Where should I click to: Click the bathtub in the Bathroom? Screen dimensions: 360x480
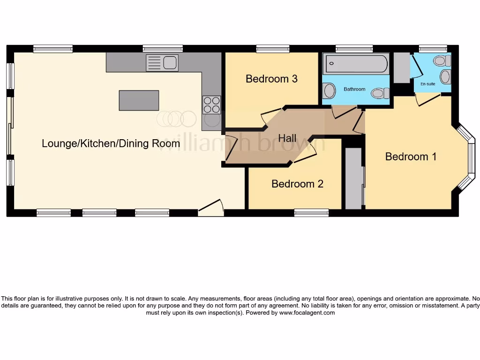click(357, 63)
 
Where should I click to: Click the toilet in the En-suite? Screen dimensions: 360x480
click(441, 60)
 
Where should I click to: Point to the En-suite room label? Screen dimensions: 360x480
click(427, 84)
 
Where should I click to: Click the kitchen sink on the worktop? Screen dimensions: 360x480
click(162, 63)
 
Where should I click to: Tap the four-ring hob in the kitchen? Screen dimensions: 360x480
click(211, 105)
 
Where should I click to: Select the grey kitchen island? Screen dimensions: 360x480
click(139, 100)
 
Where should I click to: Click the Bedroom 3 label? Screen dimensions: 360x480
click(271, 79)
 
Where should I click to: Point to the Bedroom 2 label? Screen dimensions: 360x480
click(297, 184)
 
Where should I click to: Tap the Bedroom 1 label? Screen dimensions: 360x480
click(411, 157)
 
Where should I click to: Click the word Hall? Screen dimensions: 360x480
click(287, 138)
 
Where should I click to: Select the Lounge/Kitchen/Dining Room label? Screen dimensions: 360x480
click(111, 143)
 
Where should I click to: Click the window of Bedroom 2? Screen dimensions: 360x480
click(311, 212)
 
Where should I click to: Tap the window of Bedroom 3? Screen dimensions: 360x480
click(273, 48)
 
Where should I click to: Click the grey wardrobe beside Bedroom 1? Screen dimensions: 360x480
click(353, 178)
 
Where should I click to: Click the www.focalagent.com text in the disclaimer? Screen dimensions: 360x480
click(307, 313)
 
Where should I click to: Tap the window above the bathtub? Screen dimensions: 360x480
click(354, 48)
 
